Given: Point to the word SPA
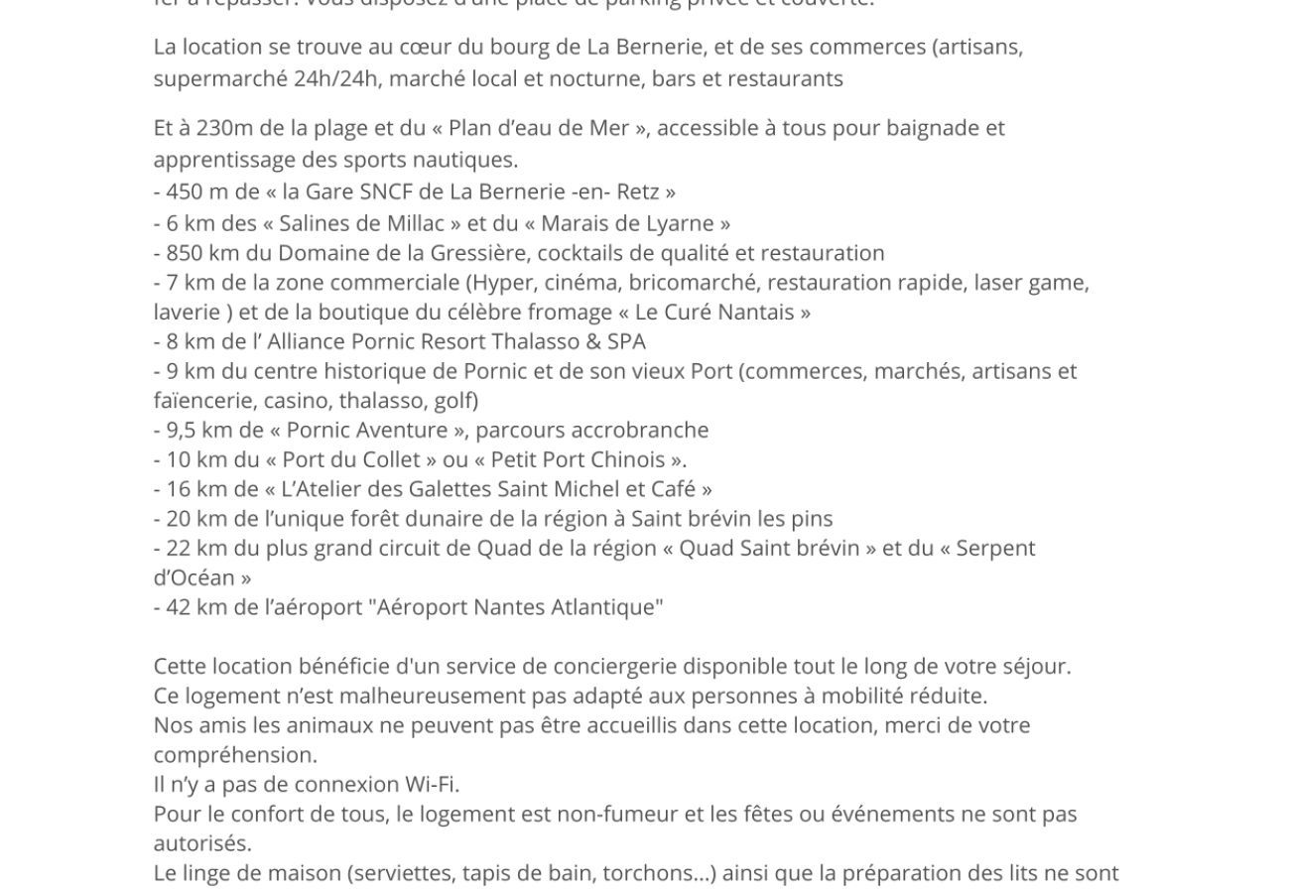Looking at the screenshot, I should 626,342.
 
